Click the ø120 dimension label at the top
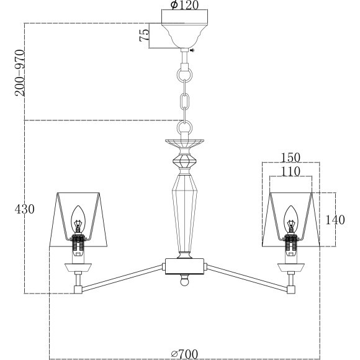click(x=184, y=5)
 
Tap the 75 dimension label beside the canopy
click(x=145, y=35)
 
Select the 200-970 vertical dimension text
click(x=20, y=73)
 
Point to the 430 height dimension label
click(x=25, y=209)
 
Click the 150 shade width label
click(x=290, y=158)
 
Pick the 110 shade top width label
click(x=290, y=171)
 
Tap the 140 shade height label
click(x=335, y=220)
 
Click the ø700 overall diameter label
click(x=184, y=354)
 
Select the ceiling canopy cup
click(x=184, y=36)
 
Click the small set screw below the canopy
click(x=192, y=50)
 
